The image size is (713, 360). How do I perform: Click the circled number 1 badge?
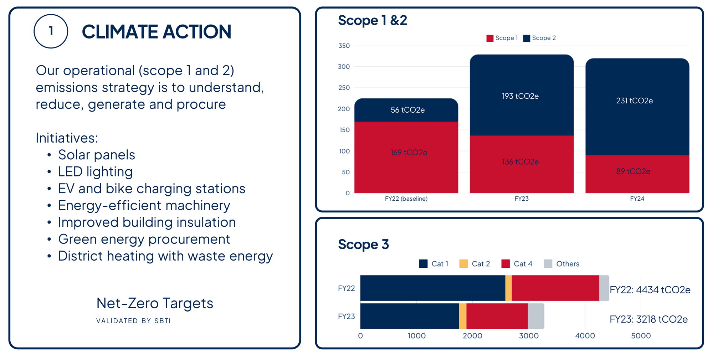pyautogui.click(x=51, y=31)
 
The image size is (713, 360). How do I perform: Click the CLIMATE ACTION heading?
pyautogui.click(x=157, y=32)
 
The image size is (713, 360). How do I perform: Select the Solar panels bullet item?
pyautogui.click(x=96, y=155)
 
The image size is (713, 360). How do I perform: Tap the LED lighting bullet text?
pyautogui.click(x=95, y=171)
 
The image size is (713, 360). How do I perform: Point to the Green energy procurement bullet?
pyautogui.click(x=144, y=239)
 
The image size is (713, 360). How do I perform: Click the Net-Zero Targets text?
pyautogui.click(x=155, y=303)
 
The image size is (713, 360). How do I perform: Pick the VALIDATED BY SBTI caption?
pyautogui.click(x=133, y=321)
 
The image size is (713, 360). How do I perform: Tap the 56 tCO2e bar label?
pyautogui.click(x=407, y=110)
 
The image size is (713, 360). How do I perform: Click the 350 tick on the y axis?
pyautogui.click(x=344, y=46)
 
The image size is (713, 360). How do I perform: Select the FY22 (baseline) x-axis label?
pyautogui.click(x=406, y=199)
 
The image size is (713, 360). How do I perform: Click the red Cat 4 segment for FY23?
pyautogui.click(x=497, y=316)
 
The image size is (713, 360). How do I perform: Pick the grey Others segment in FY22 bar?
pyautogui.click(x=604, y=288)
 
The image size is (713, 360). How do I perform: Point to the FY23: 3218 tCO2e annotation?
pyautogui.click(x=648, y=319)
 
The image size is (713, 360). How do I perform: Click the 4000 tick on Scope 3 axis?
pyautogui.click(x=585, y=336)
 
